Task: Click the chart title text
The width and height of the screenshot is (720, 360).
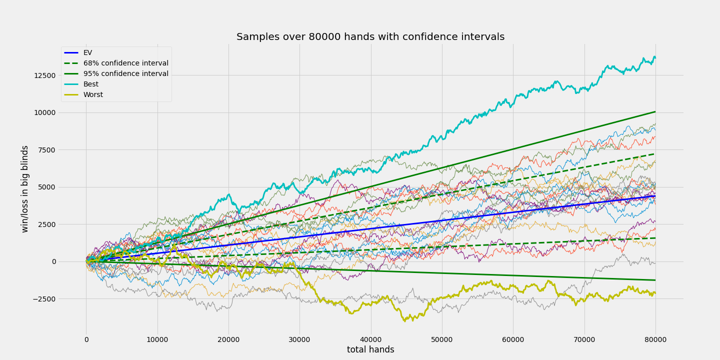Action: [x=370, y=37]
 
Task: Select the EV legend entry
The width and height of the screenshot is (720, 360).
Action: [x=87, y=52]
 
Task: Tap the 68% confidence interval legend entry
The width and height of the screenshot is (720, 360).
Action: [x=125, y=63]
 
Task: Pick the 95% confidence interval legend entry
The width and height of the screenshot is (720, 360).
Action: [x=125, y=73]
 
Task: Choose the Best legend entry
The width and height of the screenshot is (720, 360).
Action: [x=90, y=84]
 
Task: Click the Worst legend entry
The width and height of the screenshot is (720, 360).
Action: [x=93, y=94]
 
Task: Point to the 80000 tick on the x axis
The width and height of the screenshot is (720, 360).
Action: [x=655, y=340]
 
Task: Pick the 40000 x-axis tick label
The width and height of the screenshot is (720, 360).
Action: [x=370, y=340]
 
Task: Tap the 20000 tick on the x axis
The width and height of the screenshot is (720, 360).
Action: [x=228, y=340]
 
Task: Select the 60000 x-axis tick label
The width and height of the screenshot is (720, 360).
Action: [x=513, y=340]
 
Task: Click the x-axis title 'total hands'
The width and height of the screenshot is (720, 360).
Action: [x=370, y=350]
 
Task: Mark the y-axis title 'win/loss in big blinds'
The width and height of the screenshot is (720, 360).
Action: [x=25, y=188]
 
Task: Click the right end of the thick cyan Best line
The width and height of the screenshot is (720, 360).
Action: [x=655, y=57]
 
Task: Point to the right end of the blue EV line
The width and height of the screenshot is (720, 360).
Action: [x=655, y=195]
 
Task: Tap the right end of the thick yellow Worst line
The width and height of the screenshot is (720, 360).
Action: [x=655, y=292]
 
